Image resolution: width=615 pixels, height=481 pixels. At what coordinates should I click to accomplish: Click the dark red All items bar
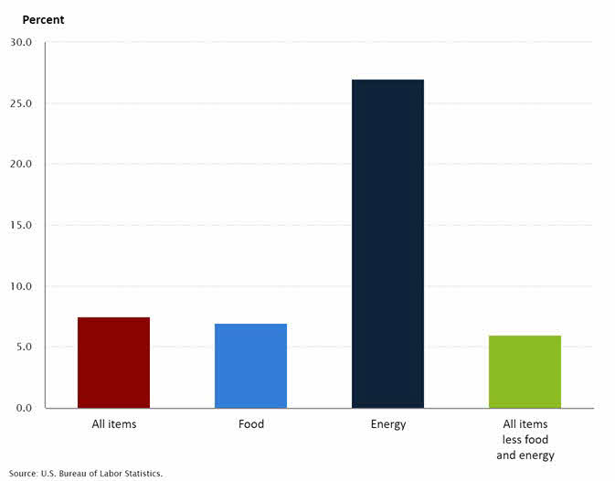pyautogui.click(x=113, y=362)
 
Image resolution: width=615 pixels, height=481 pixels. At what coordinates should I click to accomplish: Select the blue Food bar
pyautogui.click(x=250, y=366)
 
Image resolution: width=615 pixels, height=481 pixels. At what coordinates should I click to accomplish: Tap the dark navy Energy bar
pyautogui.click(x=387, y=243)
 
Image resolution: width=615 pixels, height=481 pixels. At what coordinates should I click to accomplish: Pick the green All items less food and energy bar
pyautogui.click(x=525, y=371)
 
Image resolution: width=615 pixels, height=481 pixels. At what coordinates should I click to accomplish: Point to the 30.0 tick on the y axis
pyautogui.click(x=21, y=42)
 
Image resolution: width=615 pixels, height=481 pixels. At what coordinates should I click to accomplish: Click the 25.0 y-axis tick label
pyautogui.click(x=21, y=103)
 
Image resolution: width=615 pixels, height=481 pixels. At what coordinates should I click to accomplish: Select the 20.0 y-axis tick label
pyautogui.click(x=21, y=165)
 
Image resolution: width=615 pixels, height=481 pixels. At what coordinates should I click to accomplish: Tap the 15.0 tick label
pyautogui.click(x=21, y=225)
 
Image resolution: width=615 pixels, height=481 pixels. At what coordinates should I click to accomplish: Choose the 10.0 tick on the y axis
pyautogui.click(x=21, y=286)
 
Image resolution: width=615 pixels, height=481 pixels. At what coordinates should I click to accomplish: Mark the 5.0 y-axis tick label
pyautogui.click(x=23, y=347)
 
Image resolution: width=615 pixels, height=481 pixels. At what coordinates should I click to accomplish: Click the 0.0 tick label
pyautogui.click(x=23, y=408)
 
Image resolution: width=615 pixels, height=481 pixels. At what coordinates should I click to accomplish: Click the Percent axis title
pyautogui.click(x=43, y=19)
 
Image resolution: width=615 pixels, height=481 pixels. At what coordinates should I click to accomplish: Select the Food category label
pyautogui.click(x=250, y=424)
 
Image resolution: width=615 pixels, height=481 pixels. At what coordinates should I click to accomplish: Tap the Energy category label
pyautogui.click(x=387, y=424)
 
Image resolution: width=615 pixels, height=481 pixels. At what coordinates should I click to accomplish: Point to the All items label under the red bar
pyautogui.click(x=113, y=424)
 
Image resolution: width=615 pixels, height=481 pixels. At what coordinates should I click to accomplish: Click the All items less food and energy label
pyautogui.click(x=525, y=439)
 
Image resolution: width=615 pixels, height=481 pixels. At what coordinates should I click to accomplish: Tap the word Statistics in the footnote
pyautogui.click(x=143, y=474)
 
